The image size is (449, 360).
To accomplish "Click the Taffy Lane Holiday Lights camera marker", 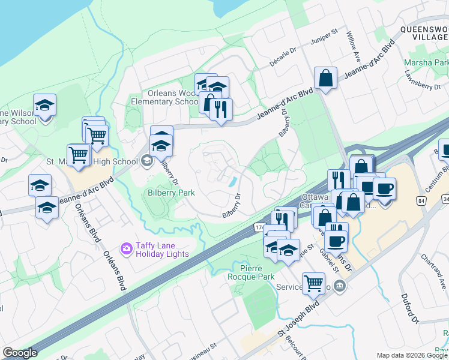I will (x=126, y=248).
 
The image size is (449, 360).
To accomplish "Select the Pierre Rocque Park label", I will (x=251, y=272).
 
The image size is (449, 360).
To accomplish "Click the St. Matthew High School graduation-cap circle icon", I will (x=147, y=161).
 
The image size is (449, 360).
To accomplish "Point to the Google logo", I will (x=20, y=353).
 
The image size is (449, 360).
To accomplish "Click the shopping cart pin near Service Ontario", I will (x=313, y=283).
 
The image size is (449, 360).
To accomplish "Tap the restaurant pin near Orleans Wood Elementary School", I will (x=221, y=109).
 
